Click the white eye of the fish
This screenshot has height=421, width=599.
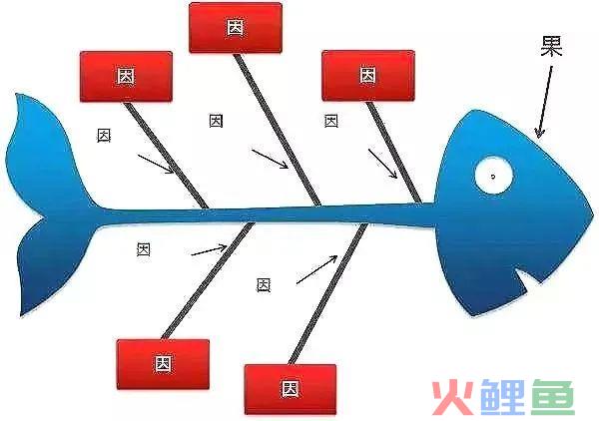(x=493, y=175)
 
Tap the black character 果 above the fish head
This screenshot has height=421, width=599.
(x=551, y=46)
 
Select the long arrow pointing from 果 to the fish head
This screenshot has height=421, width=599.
(x=545, y=102)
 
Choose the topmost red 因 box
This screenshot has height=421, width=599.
(x=236, y=28)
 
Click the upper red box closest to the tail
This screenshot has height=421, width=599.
(x=126, y=77)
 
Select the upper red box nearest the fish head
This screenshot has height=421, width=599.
(x=367, y=76)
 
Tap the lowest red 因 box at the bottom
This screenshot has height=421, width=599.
(x=291, y=389)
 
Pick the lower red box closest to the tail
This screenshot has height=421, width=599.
(x=163, y=364)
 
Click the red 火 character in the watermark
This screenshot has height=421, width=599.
(x=452, y=397)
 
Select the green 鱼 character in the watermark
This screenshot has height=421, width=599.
(x=553, y=397)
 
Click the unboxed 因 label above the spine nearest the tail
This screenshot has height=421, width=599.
(x=104, y=136)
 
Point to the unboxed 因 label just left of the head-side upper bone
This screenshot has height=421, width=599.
(x=331, y=122)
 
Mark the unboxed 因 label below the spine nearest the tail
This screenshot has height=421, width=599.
(x=144, y=249)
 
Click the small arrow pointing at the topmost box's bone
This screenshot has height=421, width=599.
(x=270, y=159)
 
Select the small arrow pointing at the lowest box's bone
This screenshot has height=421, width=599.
(x=316, y=269)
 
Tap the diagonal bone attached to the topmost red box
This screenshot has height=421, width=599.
(x=278, y=130)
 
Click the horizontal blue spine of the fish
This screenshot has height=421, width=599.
(x=268, y=215)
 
